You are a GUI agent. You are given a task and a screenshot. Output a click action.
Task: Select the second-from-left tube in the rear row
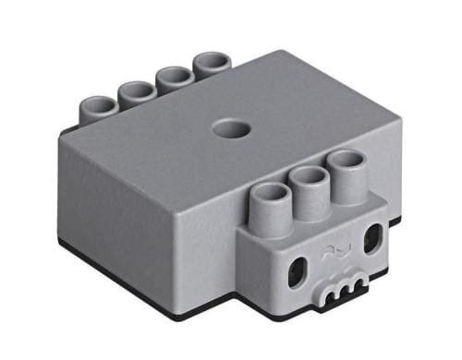[x=137, y=90]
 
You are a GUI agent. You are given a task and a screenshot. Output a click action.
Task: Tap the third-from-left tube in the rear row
[x=174, y=76]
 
